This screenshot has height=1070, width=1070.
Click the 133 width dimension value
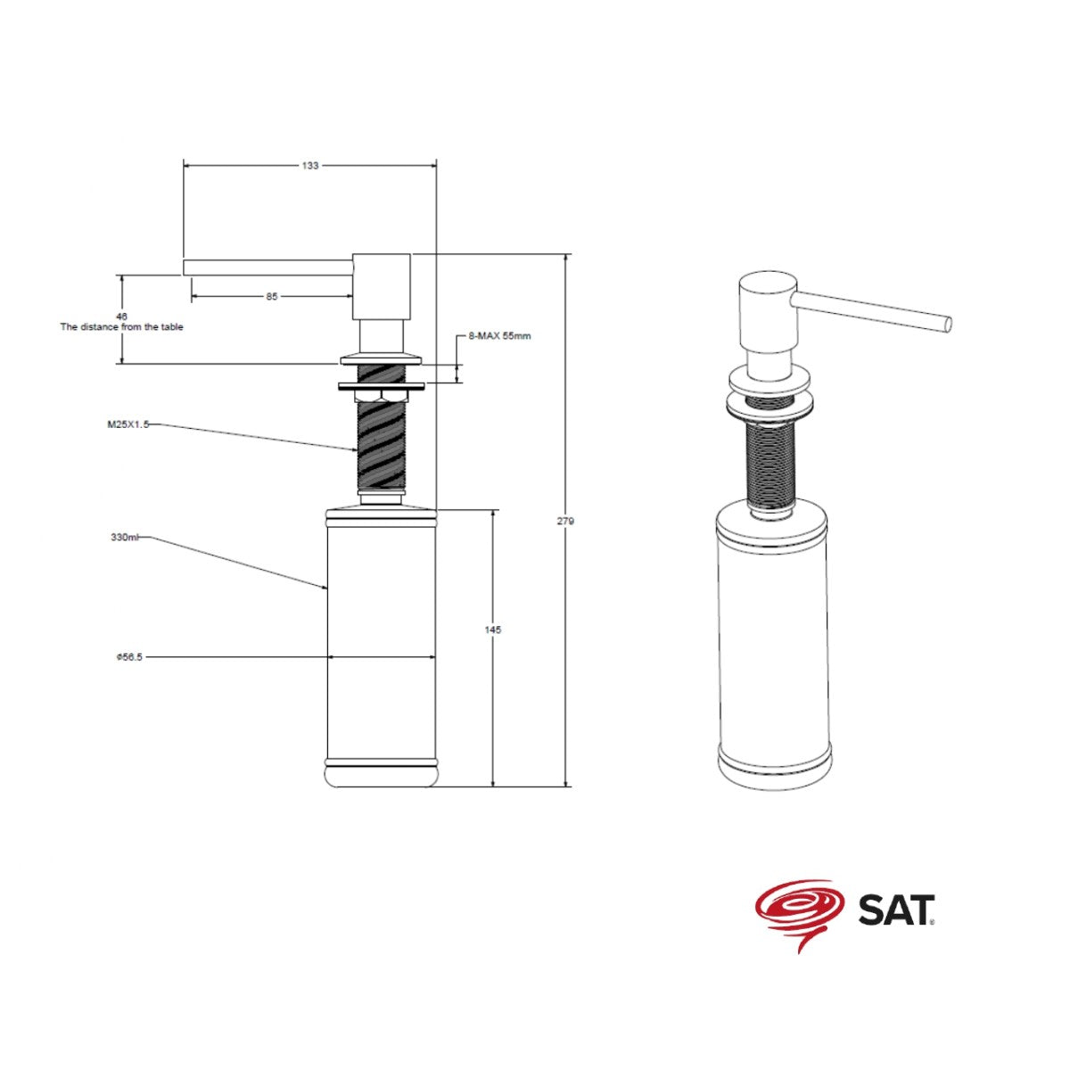(x=309, y=166)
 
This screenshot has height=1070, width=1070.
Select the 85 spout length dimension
(x=271, y=297)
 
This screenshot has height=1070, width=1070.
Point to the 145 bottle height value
(x=492, y=630)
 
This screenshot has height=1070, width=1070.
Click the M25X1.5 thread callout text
(x=128, y=424)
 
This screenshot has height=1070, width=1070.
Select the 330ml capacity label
(x=124, y=537)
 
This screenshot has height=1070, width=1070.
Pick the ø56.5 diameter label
(x=129, y=657)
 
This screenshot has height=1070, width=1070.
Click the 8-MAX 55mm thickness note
(x=499, y=336)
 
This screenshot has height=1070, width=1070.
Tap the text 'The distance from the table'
(x=121, y=327)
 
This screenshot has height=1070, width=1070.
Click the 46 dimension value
(x=121, y=317)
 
